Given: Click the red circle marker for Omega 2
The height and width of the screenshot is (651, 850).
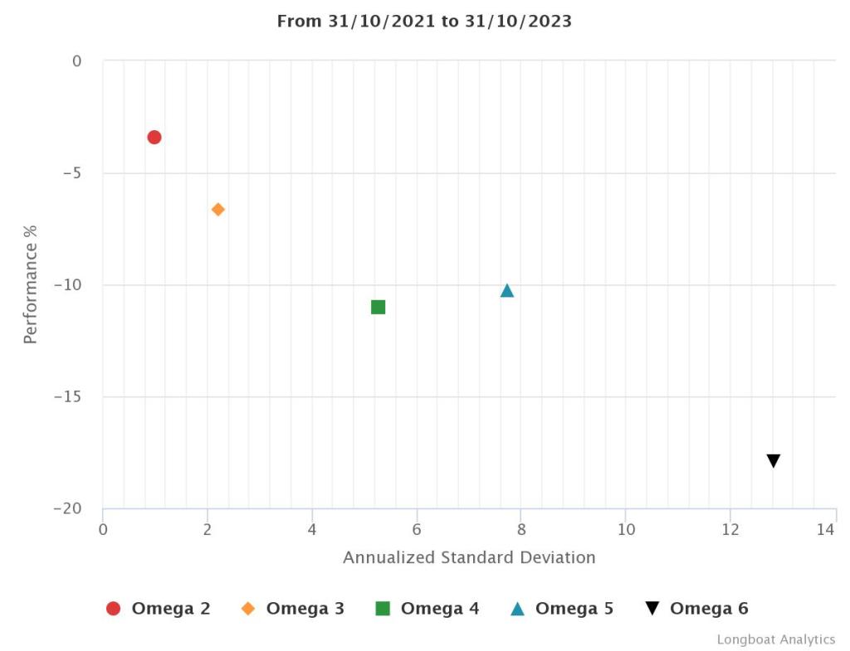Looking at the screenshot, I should click(154, 137).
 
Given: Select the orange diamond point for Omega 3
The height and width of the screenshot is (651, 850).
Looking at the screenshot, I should click(218, 209).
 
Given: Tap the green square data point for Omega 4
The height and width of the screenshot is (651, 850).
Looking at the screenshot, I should click(379, 307).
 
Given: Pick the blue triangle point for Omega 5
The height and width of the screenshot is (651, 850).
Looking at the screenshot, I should click(507, 290).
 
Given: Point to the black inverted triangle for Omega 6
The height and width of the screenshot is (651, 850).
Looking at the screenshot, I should click(774, 461).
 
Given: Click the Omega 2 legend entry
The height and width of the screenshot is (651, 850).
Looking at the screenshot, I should click(159, 609).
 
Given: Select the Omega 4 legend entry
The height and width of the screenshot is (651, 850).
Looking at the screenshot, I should click(427, 609).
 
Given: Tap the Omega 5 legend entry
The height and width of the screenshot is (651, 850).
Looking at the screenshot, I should click(562, 609).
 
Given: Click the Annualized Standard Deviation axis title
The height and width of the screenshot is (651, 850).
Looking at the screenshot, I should click(469, 557).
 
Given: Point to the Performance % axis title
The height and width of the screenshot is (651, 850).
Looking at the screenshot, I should click(31, 283).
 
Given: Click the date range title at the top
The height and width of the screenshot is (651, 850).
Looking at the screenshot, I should click(424, 22).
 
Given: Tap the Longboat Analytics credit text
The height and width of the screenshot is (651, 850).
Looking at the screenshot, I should click(776, 639).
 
